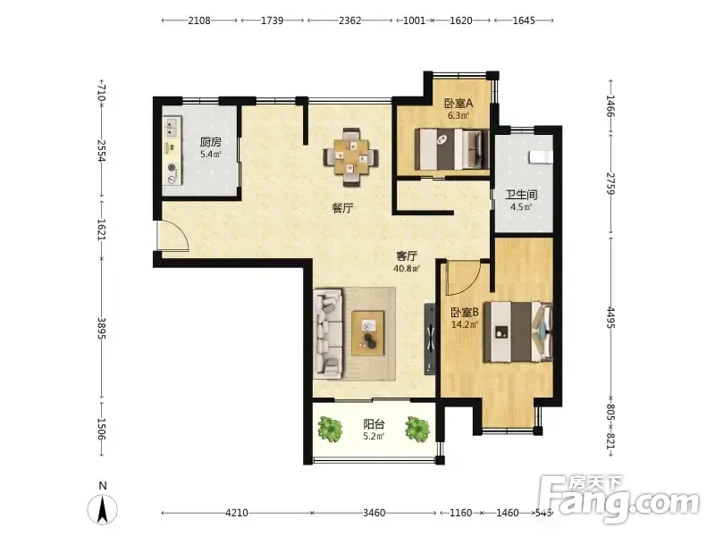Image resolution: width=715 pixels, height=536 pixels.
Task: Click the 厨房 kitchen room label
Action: [x=210, y=142]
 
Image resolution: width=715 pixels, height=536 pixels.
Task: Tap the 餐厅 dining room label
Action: [x=342, y=209]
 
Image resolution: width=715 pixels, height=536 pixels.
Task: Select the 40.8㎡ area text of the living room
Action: [x=407, y=269]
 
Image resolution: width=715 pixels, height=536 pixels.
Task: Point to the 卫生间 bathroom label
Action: [x=521, y=195]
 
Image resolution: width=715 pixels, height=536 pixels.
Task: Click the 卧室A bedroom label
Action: [x=458, y=104]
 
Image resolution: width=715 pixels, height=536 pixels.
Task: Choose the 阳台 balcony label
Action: [x=374, y=425]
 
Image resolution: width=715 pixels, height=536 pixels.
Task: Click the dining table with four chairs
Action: [x=350, y=157]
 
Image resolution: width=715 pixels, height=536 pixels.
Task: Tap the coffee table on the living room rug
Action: [x=368, y=333]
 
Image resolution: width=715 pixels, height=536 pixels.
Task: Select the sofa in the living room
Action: [x=328, y=333]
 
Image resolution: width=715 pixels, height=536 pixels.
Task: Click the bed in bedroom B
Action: [x=517, y=331]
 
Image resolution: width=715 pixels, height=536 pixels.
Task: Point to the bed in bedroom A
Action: [x=451, y=149]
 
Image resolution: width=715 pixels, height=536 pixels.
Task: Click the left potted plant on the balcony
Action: [x=330, y=429]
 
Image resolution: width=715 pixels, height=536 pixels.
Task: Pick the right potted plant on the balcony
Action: [x=417, y=429]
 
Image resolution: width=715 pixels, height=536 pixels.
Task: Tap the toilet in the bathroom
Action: [x=541, y=156]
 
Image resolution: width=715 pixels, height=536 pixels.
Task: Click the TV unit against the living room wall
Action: [x=430, y=339]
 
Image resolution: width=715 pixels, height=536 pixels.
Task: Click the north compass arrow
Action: [x=103, y=508]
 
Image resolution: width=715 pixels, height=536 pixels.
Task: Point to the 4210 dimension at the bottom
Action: [x=237, y=513]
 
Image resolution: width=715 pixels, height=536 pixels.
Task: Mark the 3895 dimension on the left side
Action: [x=101, y=329]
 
